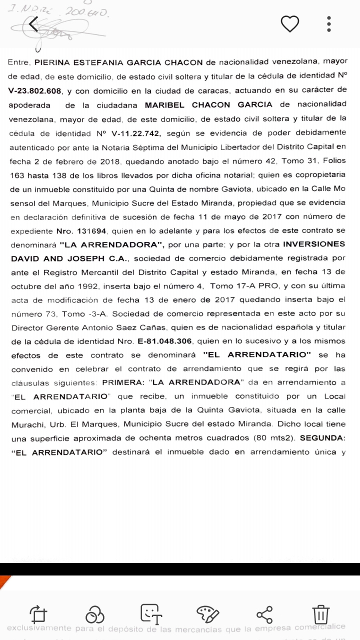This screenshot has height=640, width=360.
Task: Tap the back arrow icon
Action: (x=33, y=24)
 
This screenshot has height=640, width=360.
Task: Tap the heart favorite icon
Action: (x=289, y=24)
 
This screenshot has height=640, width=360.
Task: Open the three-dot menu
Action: (x=329, y=24)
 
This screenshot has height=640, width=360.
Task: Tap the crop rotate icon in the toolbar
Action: (x=38, y=614)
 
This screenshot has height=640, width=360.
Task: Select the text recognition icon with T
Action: (x=151, y=614)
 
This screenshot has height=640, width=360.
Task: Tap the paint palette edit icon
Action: (x=207, y=614)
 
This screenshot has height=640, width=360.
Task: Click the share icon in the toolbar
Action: (x=264, y=614)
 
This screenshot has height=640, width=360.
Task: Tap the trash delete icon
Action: (x=320, y=614)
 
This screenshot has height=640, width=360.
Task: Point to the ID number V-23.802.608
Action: (x=34, y=91)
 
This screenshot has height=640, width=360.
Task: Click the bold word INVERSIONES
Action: (x=314, y=244)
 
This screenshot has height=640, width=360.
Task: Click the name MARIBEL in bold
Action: (x=164, y=104)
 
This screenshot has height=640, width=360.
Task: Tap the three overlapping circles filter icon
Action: (x=95, y=614)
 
